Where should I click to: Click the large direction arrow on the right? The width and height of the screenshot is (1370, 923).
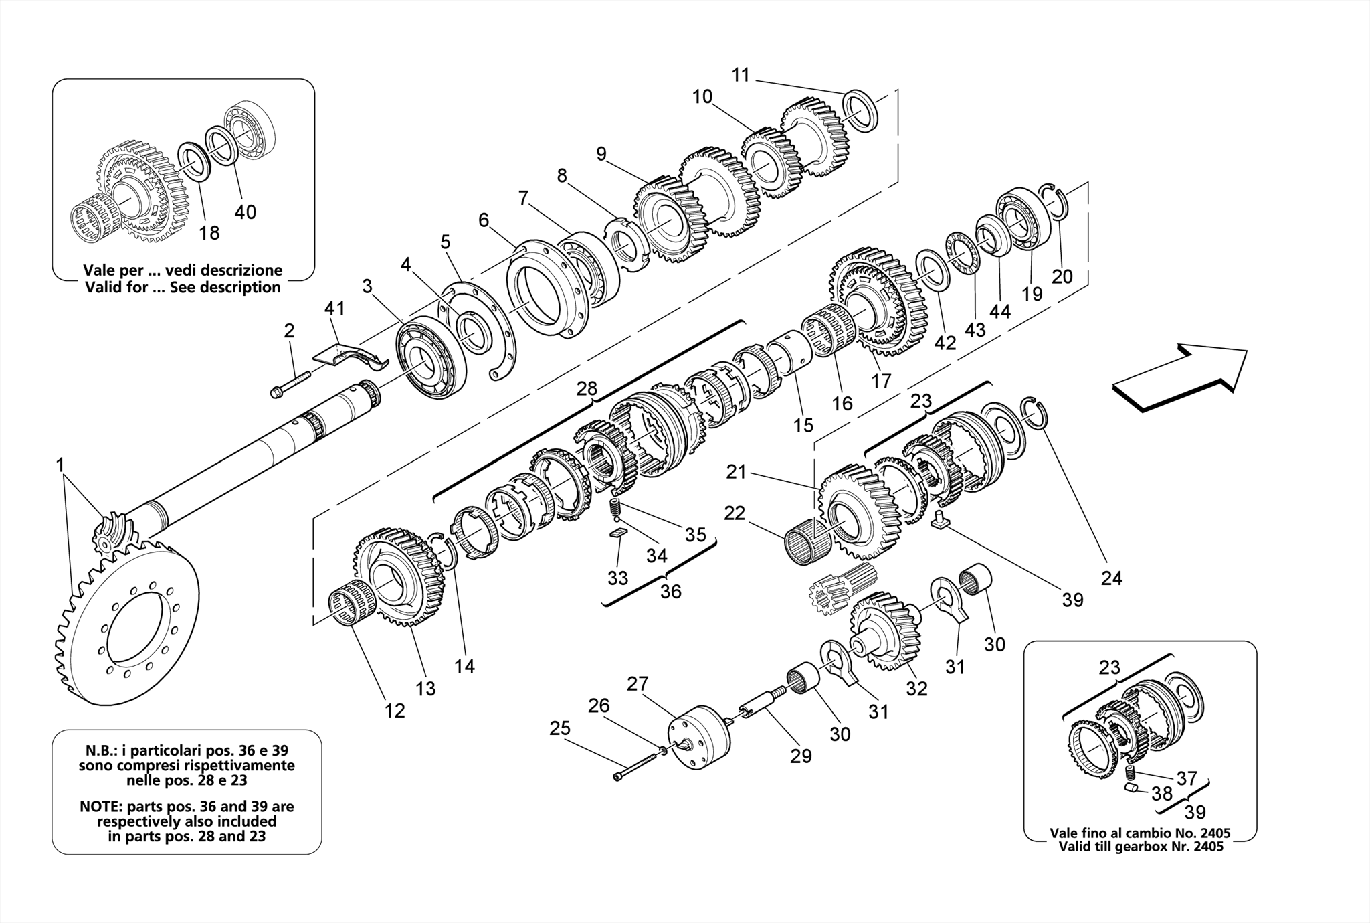[x=1181, y=375]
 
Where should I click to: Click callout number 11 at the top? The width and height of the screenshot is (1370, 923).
[x=741, y=75]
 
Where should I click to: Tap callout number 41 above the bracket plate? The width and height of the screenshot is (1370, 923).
[x=334, y=309]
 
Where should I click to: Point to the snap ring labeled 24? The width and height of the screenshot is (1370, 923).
[x=1034, y=414]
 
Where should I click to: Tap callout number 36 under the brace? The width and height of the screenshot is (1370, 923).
[x=670, y=592]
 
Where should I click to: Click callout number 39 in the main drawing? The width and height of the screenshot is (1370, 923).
[x=1072, y=600]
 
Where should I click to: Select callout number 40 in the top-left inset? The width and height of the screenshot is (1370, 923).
[x=245, y=212]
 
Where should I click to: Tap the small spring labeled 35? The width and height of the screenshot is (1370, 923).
[x=617, y=509]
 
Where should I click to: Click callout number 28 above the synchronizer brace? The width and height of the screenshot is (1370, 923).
[x=587, y=389]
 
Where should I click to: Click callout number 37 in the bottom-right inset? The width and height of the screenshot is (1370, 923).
[x=1187, y=778]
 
